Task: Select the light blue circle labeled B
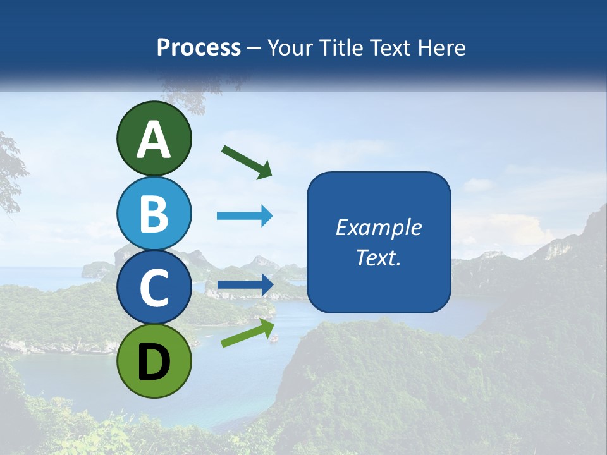tap(154, 213)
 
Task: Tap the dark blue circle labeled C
tap(154, 288)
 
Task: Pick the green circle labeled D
tap(154, 361)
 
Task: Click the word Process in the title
tap(199, 48)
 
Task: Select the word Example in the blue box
tap(378, 227)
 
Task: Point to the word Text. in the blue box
tap(378, 257)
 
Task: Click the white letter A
tap(154, 140)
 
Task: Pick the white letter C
tap(154, 288)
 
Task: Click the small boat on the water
tap(274, 337)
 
